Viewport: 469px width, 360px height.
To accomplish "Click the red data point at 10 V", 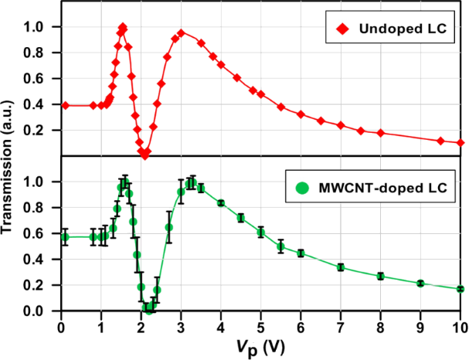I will [x=461, y=143].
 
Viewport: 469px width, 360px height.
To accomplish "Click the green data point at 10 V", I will [x=461, y=289].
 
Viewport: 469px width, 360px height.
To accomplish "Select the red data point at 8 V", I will [x=380, y=133].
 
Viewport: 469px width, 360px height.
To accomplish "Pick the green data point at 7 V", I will [x=341, y=267].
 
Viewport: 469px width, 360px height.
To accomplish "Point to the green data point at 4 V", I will [x=221, y=203].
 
